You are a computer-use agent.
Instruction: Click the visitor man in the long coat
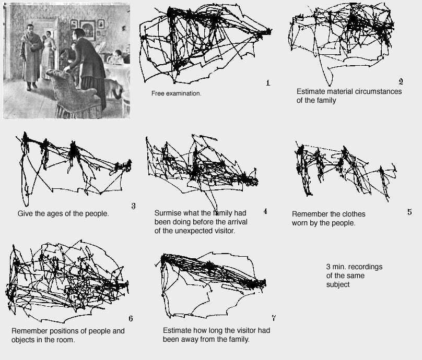pyautogui.click(x=31, y=55)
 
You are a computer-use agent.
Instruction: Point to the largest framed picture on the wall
pyautogui.click(x=87, y=30)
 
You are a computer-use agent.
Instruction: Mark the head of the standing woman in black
pyautogui.click(x=79, y=35)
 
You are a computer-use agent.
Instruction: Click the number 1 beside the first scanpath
pyautogui.click(x=268, y=82)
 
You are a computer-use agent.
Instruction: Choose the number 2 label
pyautogui.click(x=401, y=81)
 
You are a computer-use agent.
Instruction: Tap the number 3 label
pyautogui.click(x=133, y=206)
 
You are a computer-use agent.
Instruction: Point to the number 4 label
pyautogui.click(x=265, y=211)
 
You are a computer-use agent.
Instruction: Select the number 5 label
pyautogui.click(x=409, y=212)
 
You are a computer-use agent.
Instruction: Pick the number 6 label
pyautogui.click(x=130, y=318)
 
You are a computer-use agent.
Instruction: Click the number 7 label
pyautogui.click(x=274, y=318)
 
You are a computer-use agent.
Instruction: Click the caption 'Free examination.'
pyautogui.click(x=176, y=94)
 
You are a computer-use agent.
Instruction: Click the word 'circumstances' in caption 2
pyautogui.click(x=376, y=91)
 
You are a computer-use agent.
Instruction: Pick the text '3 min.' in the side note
pyautogui.click(x=336, y=267)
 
